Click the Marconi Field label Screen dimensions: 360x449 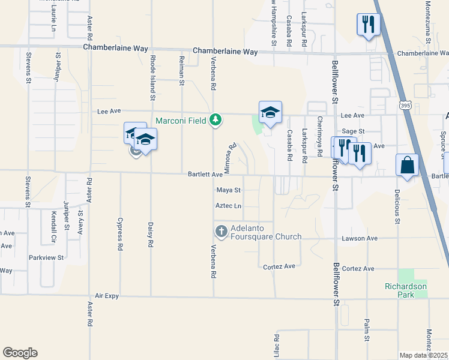click(181, 120)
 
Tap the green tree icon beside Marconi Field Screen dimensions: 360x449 click(215, 120)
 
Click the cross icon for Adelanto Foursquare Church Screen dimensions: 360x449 click(221, 231)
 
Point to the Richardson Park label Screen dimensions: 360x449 click(406, 290)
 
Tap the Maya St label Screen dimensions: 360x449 click(228, 190)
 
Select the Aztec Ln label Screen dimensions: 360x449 click(228, 206)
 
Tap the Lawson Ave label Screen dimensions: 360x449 click(360, 238)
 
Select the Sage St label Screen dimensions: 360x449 click(353, 131)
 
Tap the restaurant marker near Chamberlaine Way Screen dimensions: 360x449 click(366, 25)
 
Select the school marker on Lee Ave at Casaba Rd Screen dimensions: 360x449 click(270, 112)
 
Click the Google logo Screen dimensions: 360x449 click(20, 353)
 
